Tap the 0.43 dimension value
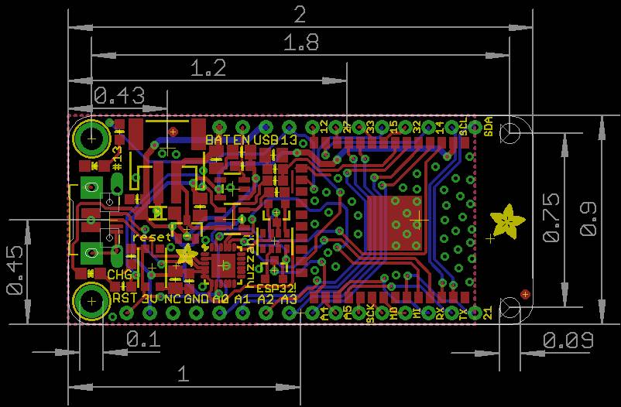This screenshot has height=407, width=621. pos(118,96)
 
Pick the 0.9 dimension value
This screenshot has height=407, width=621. pos(589,218)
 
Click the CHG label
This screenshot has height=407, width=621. pos(119,274)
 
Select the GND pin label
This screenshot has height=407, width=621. pos(196,298)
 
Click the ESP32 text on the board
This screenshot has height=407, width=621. pos(276,286)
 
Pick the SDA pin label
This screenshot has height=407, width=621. pos(489,128)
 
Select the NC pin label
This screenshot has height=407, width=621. pos(173,298)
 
